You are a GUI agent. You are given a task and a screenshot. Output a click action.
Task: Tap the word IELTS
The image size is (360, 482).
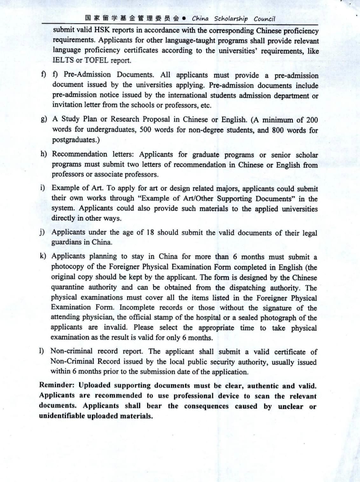[x=63, y=60]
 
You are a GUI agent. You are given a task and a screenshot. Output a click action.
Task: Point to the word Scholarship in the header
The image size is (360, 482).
[x=231, y=19]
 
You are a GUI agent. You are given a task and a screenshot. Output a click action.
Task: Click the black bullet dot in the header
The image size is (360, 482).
[x=184, y=18]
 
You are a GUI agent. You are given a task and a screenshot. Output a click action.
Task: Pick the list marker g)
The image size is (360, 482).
[x=44, y=119]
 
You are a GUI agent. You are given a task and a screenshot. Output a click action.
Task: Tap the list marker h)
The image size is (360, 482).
[x=44, y=154]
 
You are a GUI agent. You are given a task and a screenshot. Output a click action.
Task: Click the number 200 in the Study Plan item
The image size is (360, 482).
[x=312, y=120]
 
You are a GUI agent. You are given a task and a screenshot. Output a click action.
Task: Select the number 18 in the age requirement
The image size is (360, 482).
[x=150, y=232]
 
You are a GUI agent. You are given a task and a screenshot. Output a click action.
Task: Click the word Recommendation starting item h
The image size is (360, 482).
[x=80, y=154]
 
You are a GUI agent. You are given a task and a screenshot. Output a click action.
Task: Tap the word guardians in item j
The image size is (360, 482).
[x=67, y=242]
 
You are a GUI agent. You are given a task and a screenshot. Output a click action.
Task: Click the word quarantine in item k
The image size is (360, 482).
[x=67, y=287]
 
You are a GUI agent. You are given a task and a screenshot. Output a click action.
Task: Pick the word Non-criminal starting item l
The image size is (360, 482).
[x=72, y=351]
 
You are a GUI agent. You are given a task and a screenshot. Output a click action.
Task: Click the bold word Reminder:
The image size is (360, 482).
[x=57, y=385]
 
